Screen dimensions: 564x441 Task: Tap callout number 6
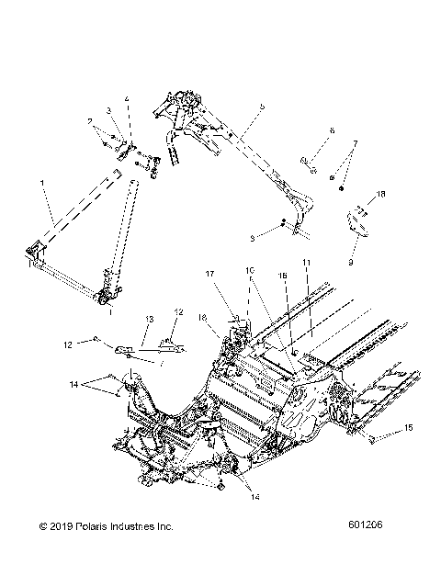click(x=332, y=131)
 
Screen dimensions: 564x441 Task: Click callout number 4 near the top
click(x=128, y=99)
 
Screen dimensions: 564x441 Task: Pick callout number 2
click(x=90, y=121)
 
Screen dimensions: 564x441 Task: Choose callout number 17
click(x=209, y=273)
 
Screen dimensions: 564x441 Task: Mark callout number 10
click(x=248, y=270)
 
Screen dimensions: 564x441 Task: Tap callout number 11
click(x=308, y=263)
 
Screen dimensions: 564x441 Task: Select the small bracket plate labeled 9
click(x=356, y=223)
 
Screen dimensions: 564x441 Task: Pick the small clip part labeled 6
click(x=309, y=164)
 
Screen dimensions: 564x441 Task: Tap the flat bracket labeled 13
click(x=137, y=349)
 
